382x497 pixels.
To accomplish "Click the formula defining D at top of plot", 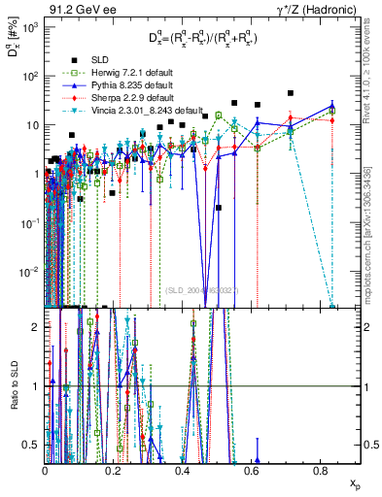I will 200,39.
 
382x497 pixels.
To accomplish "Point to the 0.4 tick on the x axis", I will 183,470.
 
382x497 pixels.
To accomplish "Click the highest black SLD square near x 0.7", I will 291,93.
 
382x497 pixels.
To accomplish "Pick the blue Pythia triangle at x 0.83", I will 332,107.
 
